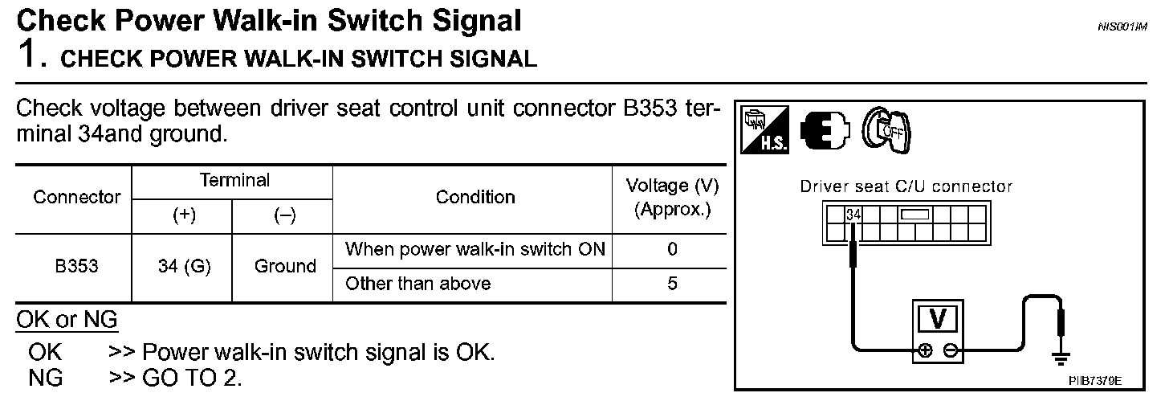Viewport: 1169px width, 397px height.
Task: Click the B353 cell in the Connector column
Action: (x=77, y=266)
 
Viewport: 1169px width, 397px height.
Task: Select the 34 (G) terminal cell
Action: (x=184, y=267)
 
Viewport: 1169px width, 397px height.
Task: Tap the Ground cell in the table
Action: (x=284, y=267)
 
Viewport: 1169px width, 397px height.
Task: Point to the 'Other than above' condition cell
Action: (x=417, y=284)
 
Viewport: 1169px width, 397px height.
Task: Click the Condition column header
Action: (x=475, y=198)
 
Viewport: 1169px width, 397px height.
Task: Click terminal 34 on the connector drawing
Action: (x=853, y=215)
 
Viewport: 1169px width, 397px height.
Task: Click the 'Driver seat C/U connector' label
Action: (x=906, y=186)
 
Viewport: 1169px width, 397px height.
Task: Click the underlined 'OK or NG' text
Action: (x=67, y=321)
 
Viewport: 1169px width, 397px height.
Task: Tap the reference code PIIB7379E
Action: (x=1094, y=379)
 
